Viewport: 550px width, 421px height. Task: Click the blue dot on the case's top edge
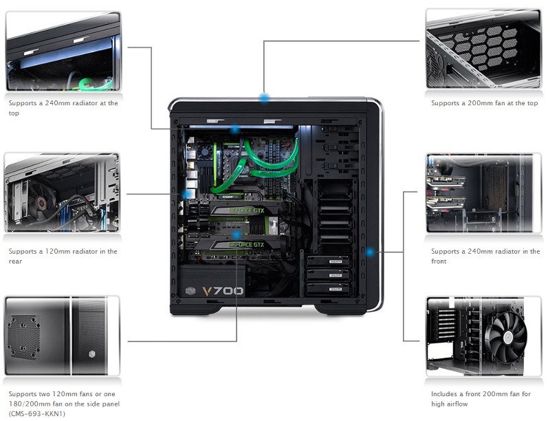264,97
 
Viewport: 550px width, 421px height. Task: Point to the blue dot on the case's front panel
371,252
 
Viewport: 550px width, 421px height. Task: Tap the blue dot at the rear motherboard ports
187,195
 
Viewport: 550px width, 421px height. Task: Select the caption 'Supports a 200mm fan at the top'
484,103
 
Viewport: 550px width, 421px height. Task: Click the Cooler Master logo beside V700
188,290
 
